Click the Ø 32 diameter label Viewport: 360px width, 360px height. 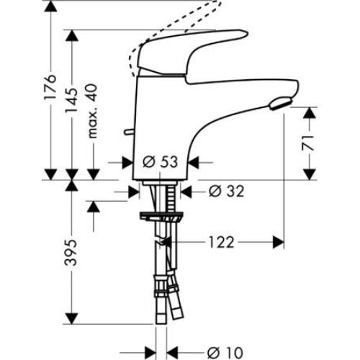221,192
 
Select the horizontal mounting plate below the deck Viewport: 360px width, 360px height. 163,215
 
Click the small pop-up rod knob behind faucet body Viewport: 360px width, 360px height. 127,132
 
